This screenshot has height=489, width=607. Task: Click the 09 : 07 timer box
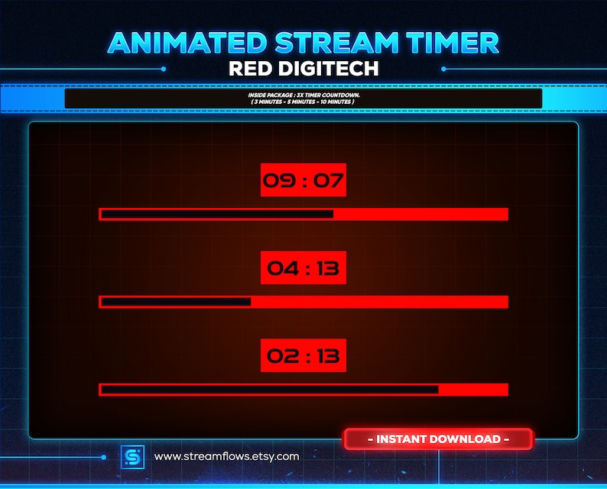[x=303, y=180]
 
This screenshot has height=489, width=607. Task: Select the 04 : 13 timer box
[x=303, y=267]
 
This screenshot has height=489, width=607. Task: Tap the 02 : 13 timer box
[x=303, y=355]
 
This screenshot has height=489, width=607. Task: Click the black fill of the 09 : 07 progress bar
[x=217, y=214]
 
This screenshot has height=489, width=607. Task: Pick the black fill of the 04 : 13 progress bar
[x=176, y=302]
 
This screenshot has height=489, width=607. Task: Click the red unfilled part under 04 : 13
[x=378, y=302]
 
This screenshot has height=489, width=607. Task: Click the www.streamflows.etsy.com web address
[x=226, y=457]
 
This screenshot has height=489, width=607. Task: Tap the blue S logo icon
[x=131, y=457]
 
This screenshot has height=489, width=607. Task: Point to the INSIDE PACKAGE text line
[x=303, y=94]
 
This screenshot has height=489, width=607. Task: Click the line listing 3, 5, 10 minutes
[x=303, y=102]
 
